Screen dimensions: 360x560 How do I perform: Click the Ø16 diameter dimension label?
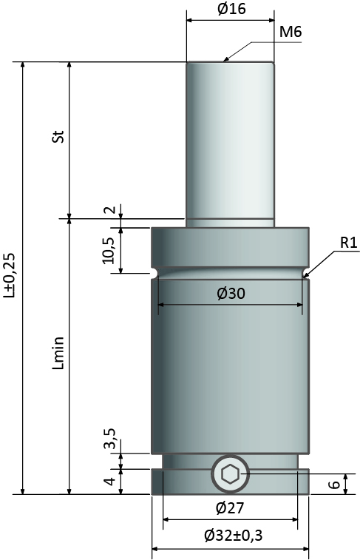coord(231,9)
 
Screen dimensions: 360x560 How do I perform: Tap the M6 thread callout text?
coord(291,32)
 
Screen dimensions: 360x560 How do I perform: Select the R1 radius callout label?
coord(349,243)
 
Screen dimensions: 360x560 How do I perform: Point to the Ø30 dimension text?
coord(231,294)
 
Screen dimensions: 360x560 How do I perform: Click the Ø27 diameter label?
coord(230,508)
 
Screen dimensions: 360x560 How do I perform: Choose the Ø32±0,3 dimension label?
coord(234,536)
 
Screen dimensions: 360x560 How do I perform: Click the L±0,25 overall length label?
coord(9,275)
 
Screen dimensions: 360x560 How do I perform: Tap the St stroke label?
coord(58,136)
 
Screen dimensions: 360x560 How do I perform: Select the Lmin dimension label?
coord(58,353)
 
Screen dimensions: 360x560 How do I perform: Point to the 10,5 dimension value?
coord(109,251)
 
